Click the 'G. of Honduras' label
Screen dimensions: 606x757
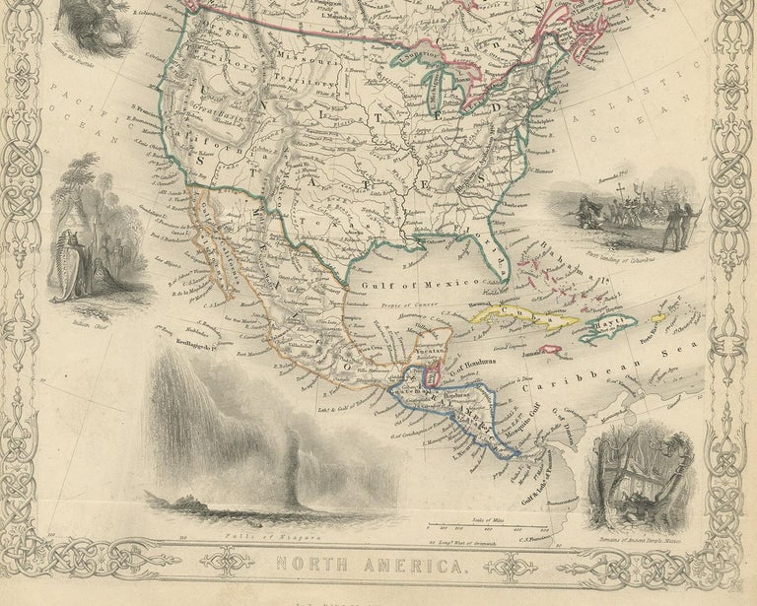point(479,368)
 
